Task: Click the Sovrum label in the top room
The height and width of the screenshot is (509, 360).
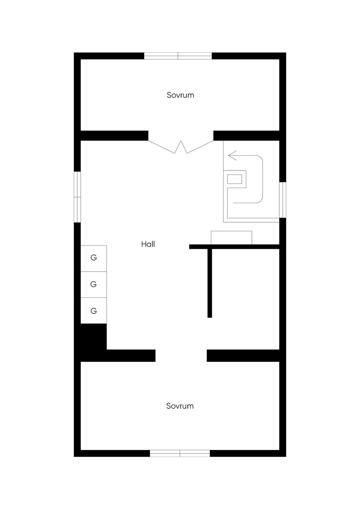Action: (x=180, y=95)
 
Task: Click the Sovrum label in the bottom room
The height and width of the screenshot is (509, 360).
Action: (x=180, y=406)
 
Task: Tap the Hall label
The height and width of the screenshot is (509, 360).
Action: (x=148, y=244)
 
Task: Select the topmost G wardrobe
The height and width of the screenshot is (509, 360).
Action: (x=94, y=258)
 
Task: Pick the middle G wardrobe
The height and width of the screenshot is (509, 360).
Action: (x=94, y=284)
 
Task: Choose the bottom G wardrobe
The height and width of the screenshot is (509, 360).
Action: (x=94, y=311)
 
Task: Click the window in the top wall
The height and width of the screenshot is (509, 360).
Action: (x=178, y=56)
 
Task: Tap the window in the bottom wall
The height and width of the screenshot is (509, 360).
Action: (x=180, y=453)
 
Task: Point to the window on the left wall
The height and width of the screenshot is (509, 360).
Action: (x=77, y=197)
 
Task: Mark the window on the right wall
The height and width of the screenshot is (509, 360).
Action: (x=283, y=200)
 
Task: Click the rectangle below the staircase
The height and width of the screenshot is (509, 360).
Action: (x=231, y=238)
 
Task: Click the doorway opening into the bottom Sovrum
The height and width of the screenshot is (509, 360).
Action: (x=181, y=355)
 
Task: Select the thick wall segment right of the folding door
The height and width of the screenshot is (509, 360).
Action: (x=246, y=135)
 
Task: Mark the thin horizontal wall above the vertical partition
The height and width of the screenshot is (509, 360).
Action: (x=234, y=247)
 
